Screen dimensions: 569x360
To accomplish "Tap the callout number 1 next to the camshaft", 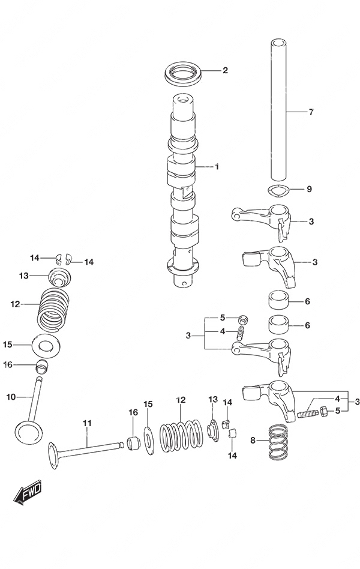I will click(217, 166).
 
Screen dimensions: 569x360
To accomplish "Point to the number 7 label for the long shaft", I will click(311, 112).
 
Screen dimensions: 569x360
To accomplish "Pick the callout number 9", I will click(310, 189).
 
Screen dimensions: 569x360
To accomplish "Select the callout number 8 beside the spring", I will click(253, 441).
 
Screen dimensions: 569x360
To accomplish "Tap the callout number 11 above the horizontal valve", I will click(87, 424).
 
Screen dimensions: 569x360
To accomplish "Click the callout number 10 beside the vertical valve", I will click(11, 397).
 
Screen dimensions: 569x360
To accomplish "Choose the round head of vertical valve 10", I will click(29, 430).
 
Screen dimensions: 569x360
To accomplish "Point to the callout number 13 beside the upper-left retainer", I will click(23, 275).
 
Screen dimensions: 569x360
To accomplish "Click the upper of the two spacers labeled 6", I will click(277, 300).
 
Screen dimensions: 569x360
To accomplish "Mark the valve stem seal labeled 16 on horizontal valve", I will click(133, 444).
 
